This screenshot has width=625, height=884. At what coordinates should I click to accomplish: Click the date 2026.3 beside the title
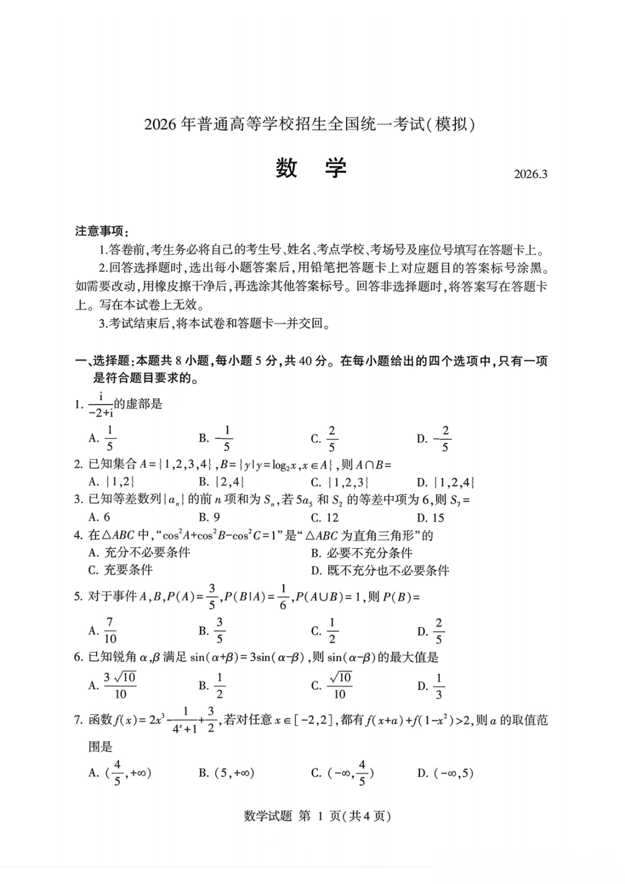(530, 174)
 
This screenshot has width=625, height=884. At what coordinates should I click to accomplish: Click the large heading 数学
(311, 168)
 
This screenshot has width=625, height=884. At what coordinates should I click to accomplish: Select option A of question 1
(103, 438)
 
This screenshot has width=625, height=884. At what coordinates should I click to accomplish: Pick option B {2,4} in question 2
(222, 482)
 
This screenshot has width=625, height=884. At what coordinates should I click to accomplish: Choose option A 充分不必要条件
(139, 553)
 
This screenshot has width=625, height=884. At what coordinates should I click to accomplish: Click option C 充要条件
(120, 570)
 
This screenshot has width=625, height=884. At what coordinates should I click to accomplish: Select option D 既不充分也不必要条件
(380, 571)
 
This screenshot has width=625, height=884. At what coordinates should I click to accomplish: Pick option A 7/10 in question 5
(103, 630)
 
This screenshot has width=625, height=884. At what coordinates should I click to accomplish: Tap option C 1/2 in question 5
(325, 630)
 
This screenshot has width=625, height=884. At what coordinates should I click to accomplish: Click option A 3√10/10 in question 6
(112, 685)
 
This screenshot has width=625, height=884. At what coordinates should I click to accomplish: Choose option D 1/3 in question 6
(431, 686)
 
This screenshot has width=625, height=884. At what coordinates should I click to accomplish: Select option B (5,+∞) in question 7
(226, 773)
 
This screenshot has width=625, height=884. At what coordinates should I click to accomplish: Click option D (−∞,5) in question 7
(446, 773)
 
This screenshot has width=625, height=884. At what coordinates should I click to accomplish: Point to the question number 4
(78, 535)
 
